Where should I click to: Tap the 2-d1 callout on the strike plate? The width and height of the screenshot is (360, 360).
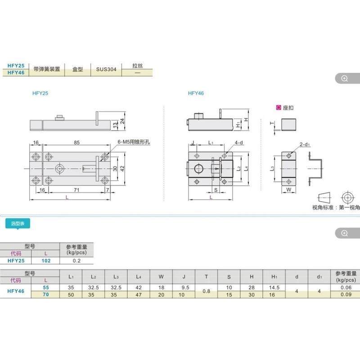pyautogui.click(x=304, y=144)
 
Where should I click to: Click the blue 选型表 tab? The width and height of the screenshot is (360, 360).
pyautogui.click(x=17, y=223)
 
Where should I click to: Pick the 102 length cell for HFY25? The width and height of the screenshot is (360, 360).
pyautogui.click(x=46, y=261)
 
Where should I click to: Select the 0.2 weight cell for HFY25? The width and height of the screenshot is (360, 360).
pyautogui.click(x=76, y=261)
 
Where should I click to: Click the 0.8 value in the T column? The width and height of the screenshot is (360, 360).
pyautogui.click(x=206, y=291)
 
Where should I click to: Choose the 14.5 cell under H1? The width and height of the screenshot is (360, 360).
pyautogui.click(x=274, y=287)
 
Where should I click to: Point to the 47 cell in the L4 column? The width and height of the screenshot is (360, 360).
pyautogui.click(x=139, y=294)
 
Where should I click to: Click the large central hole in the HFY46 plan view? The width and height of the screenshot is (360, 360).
pyautogui.click(x=198, y=169)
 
